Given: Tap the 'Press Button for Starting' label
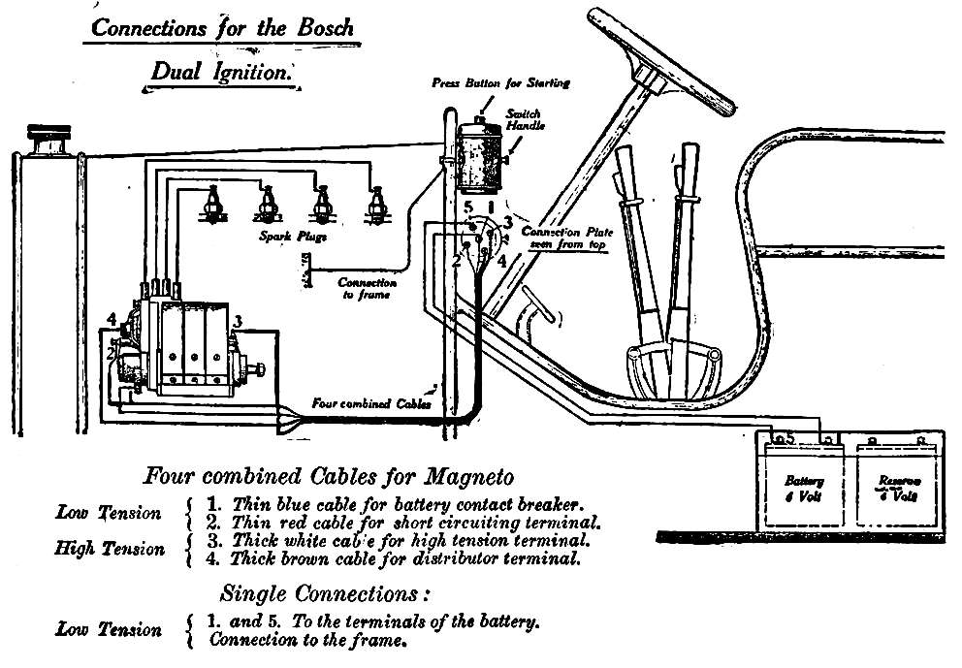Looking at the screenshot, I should pyautogui.click(x=500, y=82).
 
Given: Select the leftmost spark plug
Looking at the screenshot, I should pyautogui.click(x=208, y=205).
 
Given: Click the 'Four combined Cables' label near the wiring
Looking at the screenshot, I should pyautogui.click(x=370, y=403).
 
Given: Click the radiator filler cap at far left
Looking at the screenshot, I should pyautogui.click(x=45, y=141).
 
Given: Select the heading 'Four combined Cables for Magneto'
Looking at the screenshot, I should pyautogui.click(x=328, y=476).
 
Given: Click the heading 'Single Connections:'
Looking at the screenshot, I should pyautogui.click(x=326, y=592).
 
